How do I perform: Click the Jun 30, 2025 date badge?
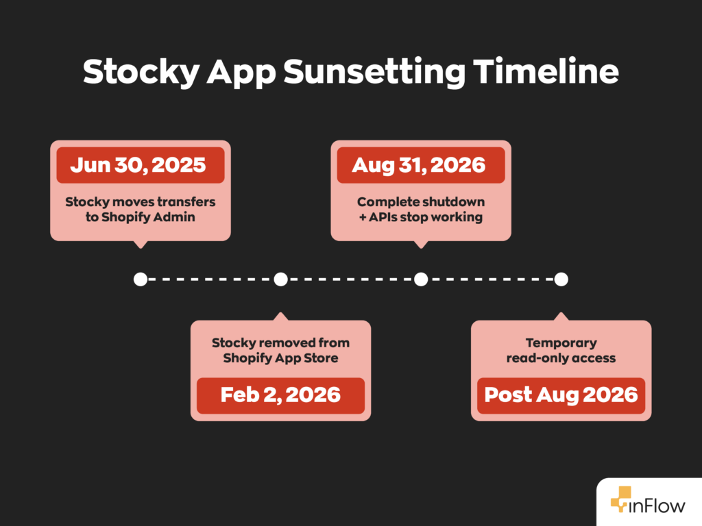(x=140, y=165)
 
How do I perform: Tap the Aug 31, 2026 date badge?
(x=420, y=165)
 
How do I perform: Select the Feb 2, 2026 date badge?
(x=280, y=395)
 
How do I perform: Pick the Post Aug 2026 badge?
(x=561, y=395)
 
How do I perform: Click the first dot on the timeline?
(x=141, y=279)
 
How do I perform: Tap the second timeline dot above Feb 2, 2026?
(x=280, y=279)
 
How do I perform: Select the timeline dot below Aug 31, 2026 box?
(x=421, y=279)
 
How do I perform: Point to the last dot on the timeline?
(x=561, y=279)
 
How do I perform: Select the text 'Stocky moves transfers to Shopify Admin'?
(x=140, y=210)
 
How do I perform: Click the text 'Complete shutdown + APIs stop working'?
(x=420, y=210)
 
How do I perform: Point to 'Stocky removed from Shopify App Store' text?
(x=280, y=350)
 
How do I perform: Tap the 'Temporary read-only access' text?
(x=561, y=350)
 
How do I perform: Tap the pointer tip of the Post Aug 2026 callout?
(x=561, y=314)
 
